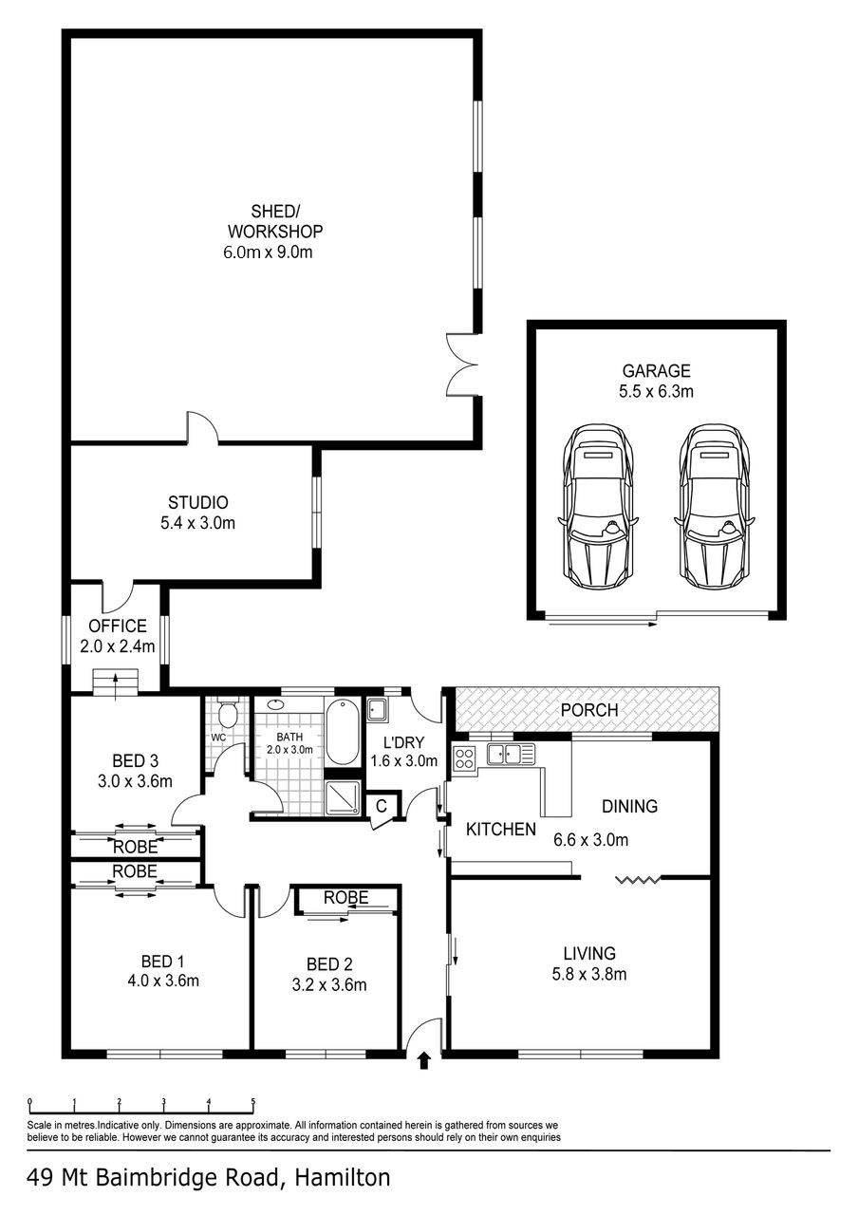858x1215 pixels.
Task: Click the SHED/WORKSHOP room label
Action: [273, 231]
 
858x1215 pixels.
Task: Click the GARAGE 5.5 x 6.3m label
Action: [656, 381]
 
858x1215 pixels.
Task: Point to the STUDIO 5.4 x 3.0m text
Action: [197, 513]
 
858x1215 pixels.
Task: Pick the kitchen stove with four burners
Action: [465, 757]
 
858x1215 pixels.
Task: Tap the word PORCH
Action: [588, 710]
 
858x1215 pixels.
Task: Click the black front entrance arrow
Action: [423, 1060]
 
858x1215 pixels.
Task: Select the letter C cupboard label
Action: [381, 807]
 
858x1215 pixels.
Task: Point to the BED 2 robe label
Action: [345, 898]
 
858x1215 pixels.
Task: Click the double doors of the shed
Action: [464, 364]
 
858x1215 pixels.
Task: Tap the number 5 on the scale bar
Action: [252, 1103]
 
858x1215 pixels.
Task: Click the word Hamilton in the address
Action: [343, 1179]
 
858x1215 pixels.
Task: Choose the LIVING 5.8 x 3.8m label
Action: [588, 963]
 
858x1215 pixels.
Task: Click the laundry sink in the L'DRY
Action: [376, 708]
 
